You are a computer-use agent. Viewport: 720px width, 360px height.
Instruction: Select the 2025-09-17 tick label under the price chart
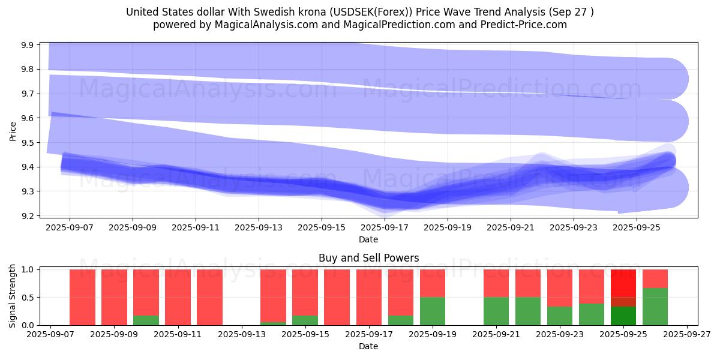click(384, 228)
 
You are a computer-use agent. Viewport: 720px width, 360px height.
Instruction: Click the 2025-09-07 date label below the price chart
click(70, 228)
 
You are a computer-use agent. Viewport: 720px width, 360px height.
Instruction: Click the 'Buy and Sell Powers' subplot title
click(368, 259)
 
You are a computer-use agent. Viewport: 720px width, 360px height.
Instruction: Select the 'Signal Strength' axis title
click(13, 296)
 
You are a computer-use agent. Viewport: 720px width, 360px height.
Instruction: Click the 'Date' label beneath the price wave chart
click(368, 239)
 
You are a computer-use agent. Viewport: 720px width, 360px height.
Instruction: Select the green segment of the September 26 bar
click(655, 306)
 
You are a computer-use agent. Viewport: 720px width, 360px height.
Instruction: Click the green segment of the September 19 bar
click(433, 311)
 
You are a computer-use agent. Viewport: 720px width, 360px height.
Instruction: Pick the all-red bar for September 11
click(178, 297)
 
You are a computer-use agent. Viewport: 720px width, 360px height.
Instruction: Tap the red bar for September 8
click(82, 297)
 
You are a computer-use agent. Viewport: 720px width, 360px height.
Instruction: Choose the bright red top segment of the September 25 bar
click(623, 282)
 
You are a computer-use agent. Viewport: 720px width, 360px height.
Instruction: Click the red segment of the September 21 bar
click(496, 283)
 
